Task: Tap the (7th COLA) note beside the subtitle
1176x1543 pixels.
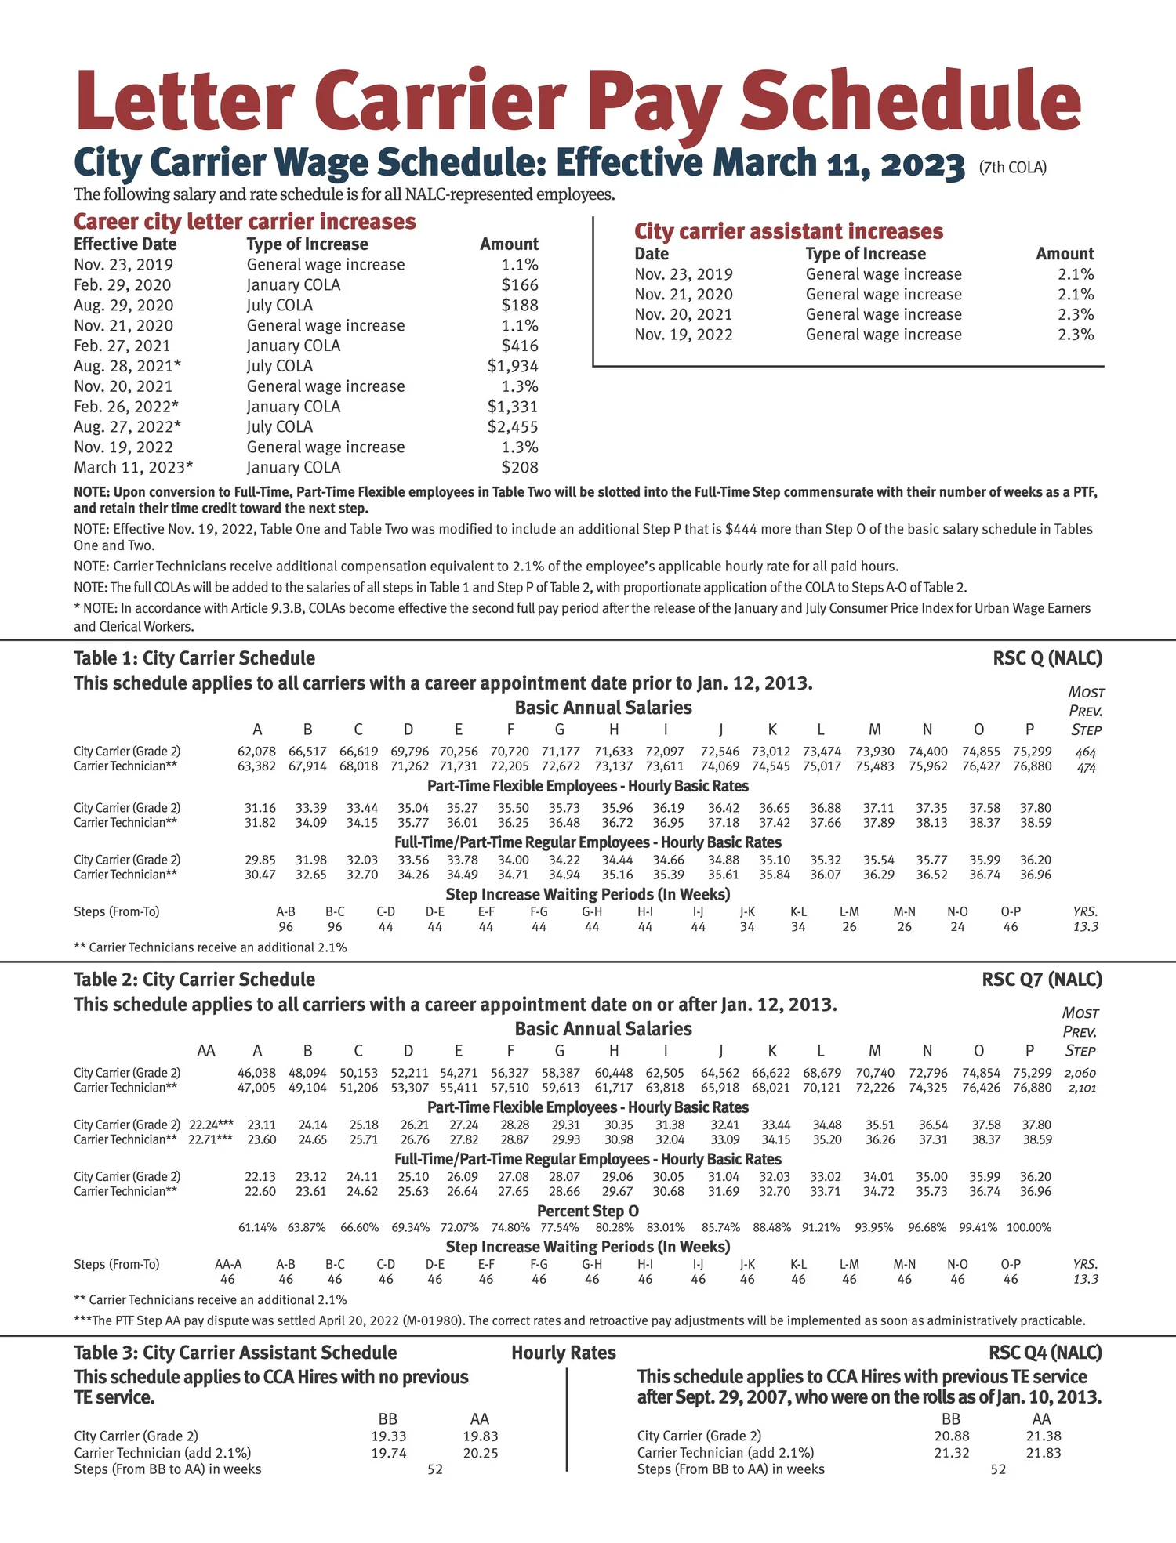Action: (x=1013, y=167)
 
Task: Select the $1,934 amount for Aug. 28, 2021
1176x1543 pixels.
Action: (x=513, y=366)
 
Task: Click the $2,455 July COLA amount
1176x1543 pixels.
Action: (x=513, y=427)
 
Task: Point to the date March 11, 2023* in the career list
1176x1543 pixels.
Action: (x=133, y=468)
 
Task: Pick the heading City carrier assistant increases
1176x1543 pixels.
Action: (x=788, y=231)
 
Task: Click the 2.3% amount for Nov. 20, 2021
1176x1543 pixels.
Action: (x=1075, y=314)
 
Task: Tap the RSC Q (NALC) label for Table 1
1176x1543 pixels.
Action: (x=1047, y=658)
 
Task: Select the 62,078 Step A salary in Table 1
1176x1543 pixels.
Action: (x=256, y=752)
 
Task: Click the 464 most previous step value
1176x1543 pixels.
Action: (x=1086, y=752)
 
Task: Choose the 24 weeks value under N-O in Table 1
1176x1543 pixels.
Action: (x=957, y=927)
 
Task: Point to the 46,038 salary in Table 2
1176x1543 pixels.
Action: (x=256, y=1073)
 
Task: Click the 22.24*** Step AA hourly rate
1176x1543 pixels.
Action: (x=211, y=1125)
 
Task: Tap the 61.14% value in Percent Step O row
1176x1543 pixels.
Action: (x=257, y=1228)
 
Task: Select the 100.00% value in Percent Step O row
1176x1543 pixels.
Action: (x=1029, y=1228)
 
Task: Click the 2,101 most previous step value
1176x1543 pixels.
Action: (x=1080, y=1088)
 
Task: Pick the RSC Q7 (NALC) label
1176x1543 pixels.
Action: (x=1041, y=980)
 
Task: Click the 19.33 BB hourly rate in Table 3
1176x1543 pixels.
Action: (x=388, y=1436)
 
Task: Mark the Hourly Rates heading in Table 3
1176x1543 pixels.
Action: (x=563, y=1353)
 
